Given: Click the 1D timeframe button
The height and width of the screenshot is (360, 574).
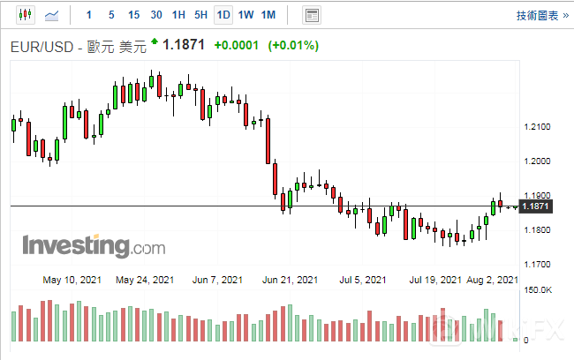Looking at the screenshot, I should [x=223, y=15].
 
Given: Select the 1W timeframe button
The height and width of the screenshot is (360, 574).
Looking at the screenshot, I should [x=246, y=15].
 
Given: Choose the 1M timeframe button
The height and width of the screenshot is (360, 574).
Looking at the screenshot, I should [x=269, y=15].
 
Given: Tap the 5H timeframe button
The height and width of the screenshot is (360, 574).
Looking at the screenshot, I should [x=200, y=15].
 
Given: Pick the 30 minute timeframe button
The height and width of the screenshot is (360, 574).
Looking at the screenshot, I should [x=156, y=15].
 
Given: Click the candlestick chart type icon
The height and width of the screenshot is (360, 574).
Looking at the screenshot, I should [x=25, y=15].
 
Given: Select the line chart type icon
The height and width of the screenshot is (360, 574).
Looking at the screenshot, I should [x=52, y=15].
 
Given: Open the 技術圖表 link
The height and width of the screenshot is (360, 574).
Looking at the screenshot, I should [x=538, y=15].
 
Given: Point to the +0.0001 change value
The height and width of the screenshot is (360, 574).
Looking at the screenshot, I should [x=237, y=46].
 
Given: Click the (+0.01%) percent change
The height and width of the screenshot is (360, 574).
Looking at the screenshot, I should [x=294, y=46].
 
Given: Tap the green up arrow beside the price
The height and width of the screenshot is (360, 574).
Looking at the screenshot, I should [x=155, y=41].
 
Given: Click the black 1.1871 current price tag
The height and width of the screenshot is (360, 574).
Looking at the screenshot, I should [x=537, y=206].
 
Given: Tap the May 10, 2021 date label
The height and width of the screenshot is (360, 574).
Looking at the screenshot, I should [x=72, y=281].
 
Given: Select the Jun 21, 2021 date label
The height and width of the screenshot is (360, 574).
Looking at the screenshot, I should [x=291, y=281].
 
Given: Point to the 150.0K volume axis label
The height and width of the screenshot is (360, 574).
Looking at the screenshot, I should [x=538, y=290].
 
